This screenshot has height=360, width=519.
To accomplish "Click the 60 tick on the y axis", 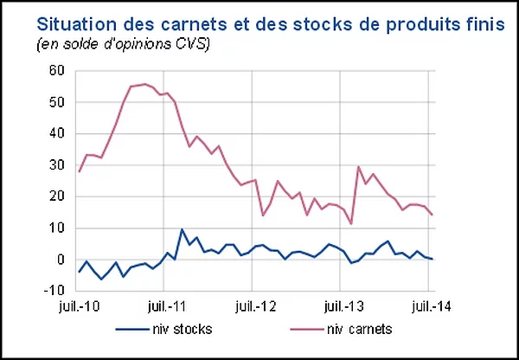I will pos(58,71).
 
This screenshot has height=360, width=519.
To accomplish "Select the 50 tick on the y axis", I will pos(58,102).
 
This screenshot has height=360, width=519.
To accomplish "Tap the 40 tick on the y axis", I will pos(58,134).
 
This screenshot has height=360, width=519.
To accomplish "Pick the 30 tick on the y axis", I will pos(58,165).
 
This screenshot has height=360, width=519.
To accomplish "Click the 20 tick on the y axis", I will pos(58,196).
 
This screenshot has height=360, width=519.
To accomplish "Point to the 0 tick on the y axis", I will pos(61,260).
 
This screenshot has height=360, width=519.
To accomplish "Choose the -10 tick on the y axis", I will pos(55,291).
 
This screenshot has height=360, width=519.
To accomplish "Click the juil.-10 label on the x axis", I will pos(79,305).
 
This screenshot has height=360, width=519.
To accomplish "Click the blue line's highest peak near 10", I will pos(182,229).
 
